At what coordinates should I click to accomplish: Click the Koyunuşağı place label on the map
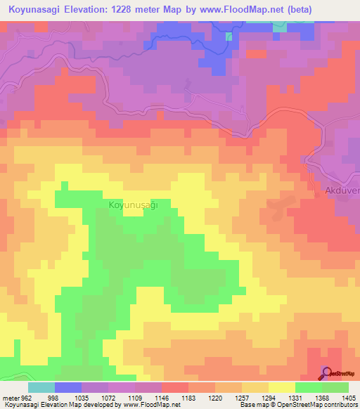point(132,204)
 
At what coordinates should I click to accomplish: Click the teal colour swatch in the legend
point(41,387)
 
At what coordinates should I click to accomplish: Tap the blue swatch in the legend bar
point(68,387)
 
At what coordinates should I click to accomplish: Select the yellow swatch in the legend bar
point(282,387)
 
